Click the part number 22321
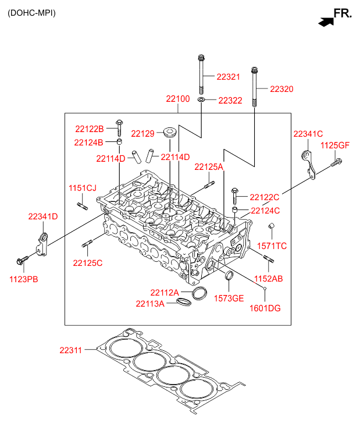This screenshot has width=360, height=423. (229, 77)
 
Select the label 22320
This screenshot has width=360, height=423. (281, 89)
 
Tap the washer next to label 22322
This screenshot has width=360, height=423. (201, 101)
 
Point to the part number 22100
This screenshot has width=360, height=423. (178, 100)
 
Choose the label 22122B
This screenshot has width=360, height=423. (89, 129)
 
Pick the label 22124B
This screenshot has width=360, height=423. (89, 142)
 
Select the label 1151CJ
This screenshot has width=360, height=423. (83, 188)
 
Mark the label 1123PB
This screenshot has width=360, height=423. (24, 279)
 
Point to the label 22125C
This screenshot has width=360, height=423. (88, 263)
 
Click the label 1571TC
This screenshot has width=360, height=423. (272, 246)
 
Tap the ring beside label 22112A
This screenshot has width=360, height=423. (199, 293)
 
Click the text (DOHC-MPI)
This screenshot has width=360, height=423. (31, 13)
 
